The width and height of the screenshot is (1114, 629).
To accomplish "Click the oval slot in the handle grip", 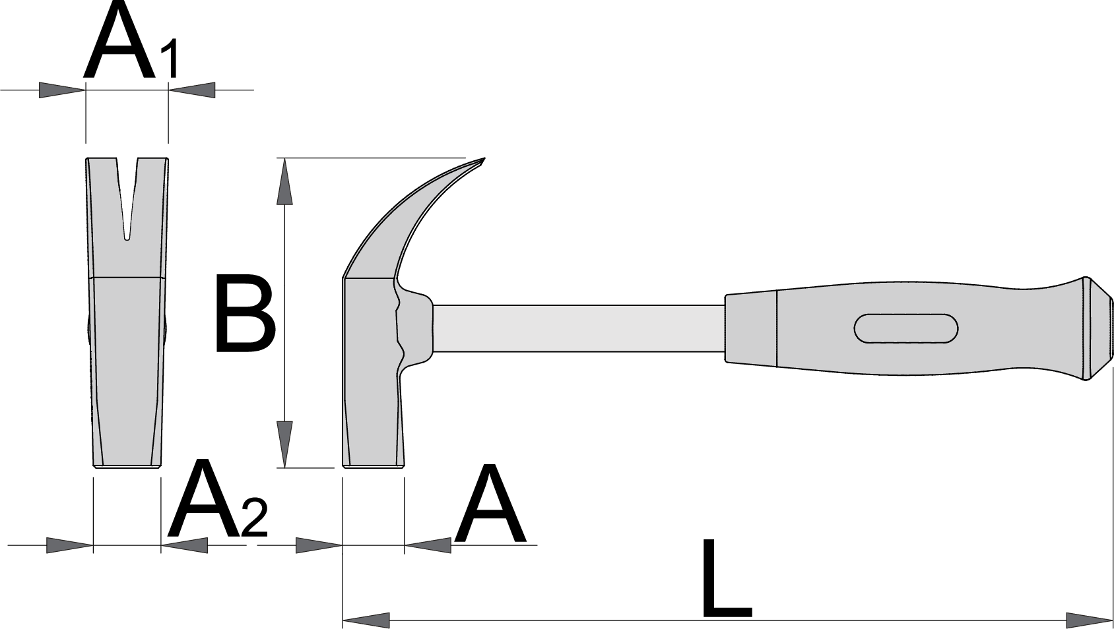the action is (906, 328).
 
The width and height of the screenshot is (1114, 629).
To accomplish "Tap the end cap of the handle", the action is (1098, 328).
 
